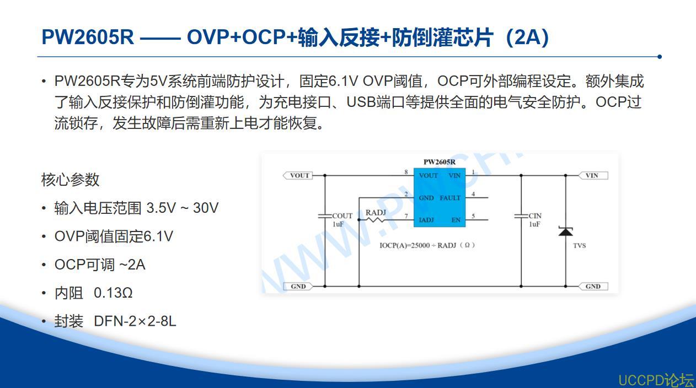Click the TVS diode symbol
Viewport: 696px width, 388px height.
coord(565,231)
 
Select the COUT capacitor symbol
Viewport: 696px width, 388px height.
coord(325,215)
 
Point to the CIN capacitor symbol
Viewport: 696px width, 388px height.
coord(521,215)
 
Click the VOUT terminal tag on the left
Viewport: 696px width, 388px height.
coord(298,175)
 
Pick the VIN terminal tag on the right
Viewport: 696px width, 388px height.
coord(593,175)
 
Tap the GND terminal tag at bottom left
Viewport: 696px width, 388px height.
coord(298,286)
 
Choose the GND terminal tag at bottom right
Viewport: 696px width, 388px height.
coord(593,286)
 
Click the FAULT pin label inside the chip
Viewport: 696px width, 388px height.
coord(450,198)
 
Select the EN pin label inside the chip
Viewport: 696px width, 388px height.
coord(456,220)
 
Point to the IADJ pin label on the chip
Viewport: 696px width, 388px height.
coord(426,220)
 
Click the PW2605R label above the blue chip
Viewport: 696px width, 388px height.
coord(440,161)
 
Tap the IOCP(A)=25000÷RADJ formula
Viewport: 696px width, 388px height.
coord(427,245)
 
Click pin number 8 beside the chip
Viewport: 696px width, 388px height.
coord(406,171)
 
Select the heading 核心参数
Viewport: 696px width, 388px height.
coord(70,180)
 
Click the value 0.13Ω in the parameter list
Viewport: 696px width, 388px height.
coord(113,293)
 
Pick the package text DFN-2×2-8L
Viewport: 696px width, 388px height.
coord(135,321)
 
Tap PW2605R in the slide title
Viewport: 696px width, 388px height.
coord(88,37)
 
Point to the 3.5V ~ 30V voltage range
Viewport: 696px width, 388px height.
coord(183,208)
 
